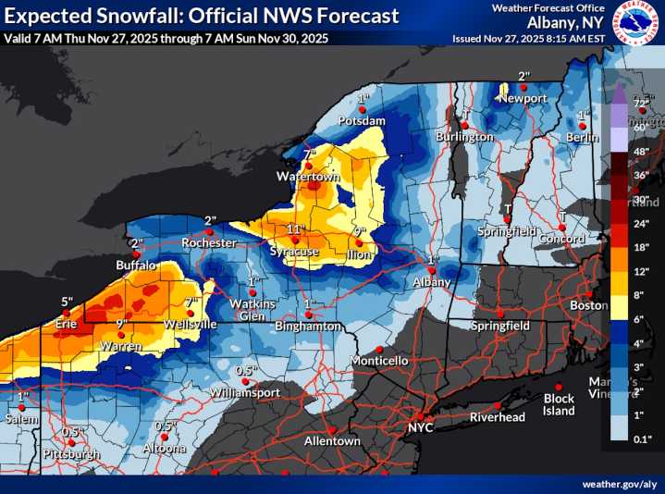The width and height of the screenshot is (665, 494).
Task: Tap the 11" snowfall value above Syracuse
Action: pos(295,228)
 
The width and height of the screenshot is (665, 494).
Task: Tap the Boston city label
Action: pos(588,305)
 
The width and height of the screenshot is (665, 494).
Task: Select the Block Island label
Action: pos(559,405)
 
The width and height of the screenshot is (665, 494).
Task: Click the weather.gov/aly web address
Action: pos(620,484)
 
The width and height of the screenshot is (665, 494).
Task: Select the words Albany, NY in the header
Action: pos(565,22)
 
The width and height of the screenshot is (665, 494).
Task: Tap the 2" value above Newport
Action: pos(523,76)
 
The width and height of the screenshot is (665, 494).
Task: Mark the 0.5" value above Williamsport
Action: pos(245,370)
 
